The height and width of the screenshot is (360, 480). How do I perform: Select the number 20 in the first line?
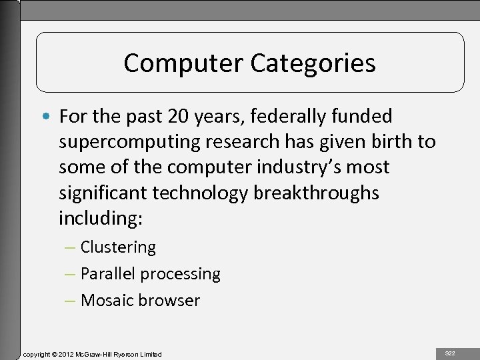[x=179, y=117]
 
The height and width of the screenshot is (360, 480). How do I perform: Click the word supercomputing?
[x=129, y=142]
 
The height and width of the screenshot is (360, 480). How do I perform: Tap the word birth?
[x=387, y=142]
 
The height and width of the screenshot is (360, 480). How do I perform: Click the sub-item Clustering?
[x=118, y=247]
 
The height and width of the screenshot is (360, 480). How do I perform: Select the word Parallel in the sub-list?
[x=108, y=274]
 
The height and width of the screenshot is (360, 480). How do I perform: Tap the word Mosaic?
[x=107, y=301]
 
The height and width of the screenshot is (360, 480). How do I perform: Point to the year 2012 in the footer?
[x=67, y=354]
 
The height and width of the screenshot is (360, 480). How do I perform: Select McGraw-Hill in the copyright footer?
[x=101, y=354]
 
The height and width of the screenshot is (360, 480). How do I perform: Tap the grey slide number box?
[x=450, y=353]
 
